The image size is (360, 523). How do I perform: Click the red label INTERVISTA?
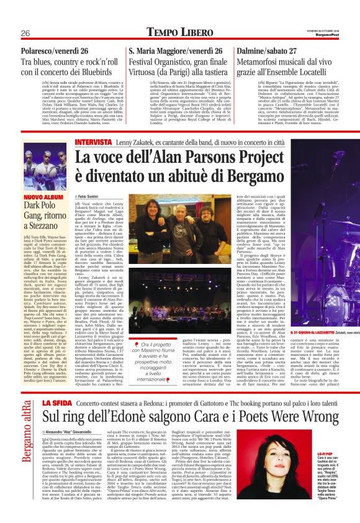pos(92,142)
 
